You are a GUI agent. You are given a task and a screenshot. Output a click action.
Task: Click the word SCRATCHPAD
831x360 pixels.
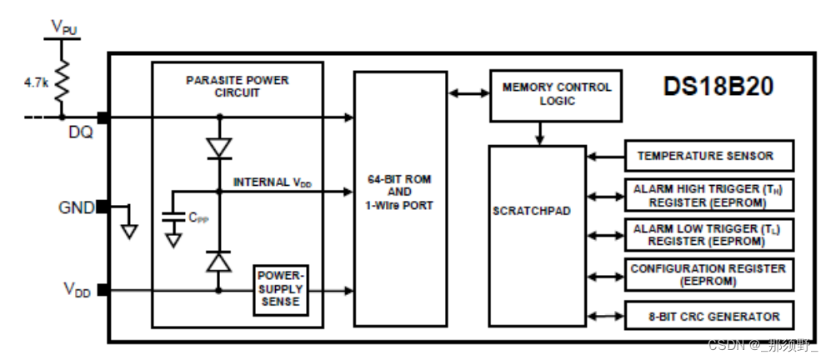(532, 211)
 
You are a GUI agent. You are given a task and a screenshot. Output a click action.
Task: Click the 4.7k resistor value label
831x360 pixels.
(37, 83)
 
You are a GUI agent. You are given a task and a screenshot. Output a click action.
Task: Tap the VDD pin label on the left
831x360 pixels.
(76, 289)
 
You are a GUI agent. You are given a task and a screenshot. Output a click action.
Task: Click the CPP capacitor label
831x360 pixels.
(198, 217)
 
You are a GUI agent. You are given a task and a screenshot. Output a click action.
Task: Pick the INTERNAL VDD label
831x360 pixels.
(273, 182)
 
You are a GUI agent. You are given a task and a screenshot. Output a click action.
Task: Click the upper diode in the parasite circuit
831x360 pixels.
(219, 148)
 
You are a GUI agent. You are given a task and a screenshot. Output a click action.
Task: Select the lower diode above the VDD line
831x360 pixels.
(219, 260)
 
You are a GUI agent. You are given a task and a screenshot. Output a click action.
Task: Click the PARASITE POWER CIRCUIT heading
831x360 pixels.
(238, 87)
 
